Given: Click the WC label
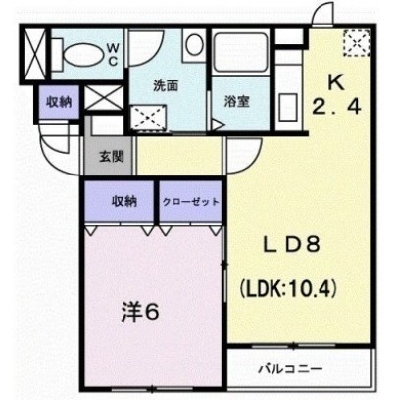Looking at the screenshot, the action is click(113, 55).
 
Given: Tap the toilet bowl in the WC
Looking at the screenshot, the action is click(82, 54).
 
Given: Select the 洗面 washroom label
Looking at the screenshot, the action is click(166, 86).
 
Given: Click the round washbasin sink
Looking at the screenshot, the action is click(194, 45).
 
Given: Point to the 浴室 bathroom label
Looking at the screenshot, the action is click(236, 101).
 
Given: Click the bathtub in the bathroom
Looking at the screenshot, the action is click(240, 53).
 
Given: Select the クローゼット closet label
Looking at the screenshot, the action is click(191, 202).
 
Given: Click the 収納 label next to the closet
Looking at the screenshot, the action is click(124, 202).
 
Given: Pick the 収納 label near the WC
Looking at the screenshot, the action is click(59, 102).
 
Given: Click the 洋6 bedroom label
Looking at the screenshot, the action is click(140, 312).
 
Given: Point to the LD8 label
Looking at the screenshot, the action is click(291, 244).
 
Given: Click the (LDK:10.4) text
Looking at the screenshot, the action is click(288, 288).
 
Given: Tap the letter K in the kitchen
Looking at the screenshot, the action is click(336, 83).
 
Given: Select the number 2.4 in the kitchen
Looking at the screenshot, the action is click(336, 107).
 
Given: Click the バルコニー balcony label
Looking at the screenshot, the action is click(291, 369).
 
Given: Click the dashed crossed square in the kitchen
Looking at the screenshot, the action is click(357, 43).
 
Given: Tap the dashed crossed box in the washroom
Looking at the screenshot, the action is click(149, 118).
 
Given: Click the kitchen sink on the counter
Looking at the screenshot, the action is click(288, 107).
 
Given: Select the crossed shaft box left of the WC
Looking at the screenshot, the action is click(35, 54).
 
